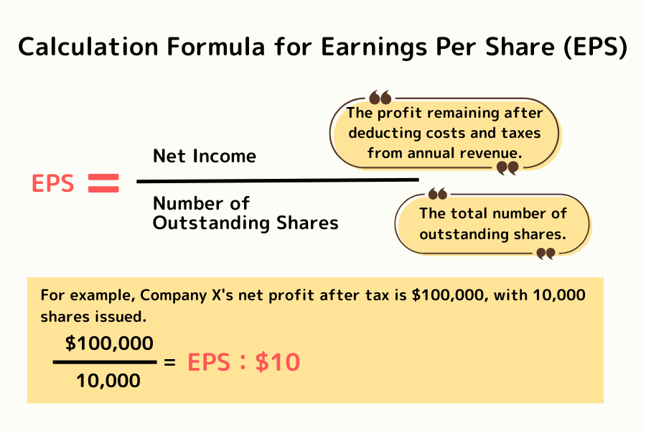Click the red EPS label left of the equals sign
(x=52, y=184)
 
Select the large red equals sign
(x=103, y=184)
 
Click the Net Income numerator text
(x=205, y=156)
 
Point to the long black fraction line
(x=277, y=180)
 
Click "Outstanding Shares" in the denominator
(x=245, y=223)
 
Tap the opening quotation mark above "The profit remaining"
(x=380, y=98)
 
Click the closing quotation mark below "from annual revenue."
(x=507, y=168)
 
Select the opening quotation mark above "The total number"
(x=437, y=194)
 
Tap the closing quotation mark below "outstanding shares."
(x=546, y=253)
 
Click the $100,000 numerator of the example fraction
(x=109, y=343)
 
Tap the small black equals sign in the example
(x=170, y=363)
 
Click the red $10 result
(x=277, y=363)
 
